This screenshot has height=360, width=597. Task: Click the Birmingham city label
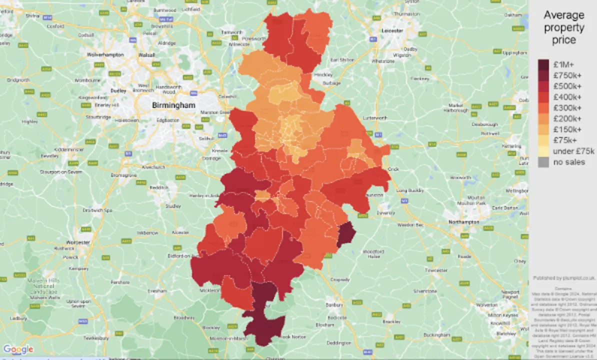tap(173, 105)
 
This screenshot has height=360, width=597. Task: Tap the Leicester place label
tap(393, 30)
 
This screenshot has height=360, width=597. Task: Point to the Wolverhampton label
tap(105, 55)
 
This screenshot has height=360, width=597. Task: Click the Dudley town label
tap(118, 91)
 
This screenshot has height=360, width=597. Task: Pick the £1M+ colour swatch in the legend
tap(543, 64)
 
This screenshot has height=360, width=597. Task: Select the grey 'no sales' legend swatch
tap(543, 162)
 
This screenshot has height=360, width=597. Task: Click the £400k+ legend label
tap(566, 97)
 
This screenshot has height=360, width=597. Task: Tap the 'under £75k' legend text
tap(573, 151)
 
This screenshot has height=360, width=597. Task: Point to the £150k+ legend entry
tap(566, 129)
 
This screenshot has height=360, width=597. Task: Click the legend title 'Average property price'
tap(563, 27)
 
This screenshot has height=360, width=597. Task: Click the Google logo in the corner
tap(18, 349)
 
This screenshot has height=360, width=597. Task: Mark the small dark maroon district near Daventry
tap(345, 235)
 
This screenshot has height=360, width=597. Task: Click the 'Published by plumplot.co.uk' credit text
tap(564, 278)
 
